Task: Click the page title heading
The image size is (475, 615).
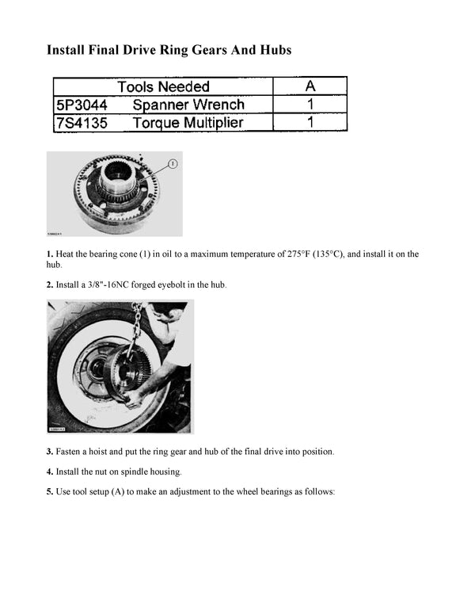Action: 169,50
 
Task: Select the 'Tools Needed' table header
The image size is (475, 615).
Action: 163,86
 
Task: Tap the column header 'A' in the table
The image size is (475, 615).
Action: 310,86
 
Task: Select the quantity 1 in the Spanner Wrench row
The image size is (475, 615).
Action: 310,105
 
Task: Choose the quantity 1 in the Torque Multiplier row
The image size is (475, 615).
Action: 310,123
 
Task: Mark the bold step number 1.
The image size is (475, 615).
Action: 50,254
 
